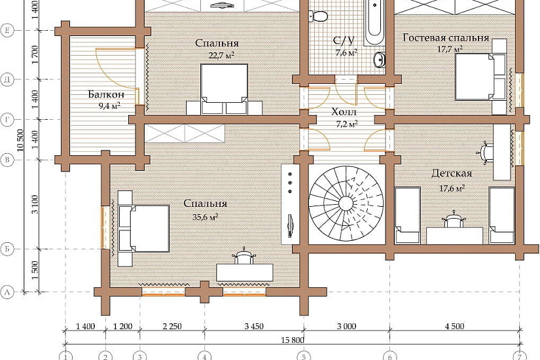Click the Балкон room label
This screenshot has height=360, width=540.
(x=106, y=94)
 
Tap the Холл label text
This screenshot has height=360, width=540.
(x=344, y=112)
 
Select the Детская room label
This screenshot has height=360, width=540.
(x=452, y=173)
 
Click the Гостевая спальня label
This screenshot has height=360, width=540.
(x=446, y=37)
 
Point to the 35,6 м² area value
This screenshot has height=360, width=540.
(x=206, y=217)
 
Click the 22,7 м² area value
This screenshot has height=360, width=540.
(x=222, y=55)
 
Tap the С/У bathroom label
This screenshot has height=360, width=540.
(x=344, y=41)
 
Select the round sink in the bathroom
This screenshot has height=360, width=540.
(x=379, y=60)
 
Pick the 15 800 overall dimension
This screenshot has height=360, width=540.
(x=293, y=340)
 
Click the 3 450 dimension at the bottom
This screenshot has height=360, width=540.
(x=254, y=326)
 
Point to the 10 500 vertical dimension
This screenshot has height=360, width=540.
(x=20, y=140)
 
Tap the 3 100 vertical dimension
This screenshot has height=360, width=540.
(x=35, y=204)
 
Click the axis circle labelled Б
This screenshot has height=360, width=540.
(x=7, y=249)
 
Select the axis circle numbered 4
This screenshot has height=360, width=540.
(x=205, y=356)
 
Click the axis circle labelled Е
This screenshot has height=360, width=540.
(x=7, y=31)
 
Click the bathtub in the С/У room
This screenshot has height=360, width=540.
(x=374, y=22)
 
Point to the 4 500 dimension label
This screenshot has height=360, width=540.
(x=455, y=326)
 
